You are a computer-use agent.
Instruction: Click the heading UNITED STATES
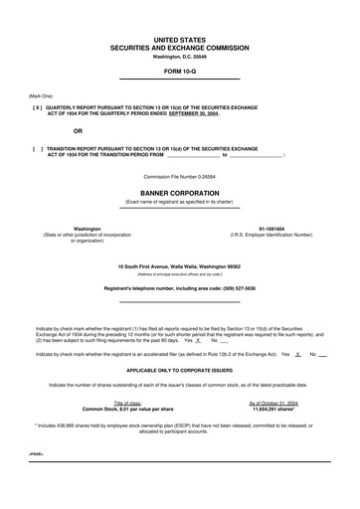(x=180, y=35)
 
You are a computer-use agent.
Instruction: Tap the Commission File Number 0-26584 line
(x=180, y=178)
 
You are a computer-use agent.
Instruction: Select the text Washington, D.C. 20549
(x=180, y=56)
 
